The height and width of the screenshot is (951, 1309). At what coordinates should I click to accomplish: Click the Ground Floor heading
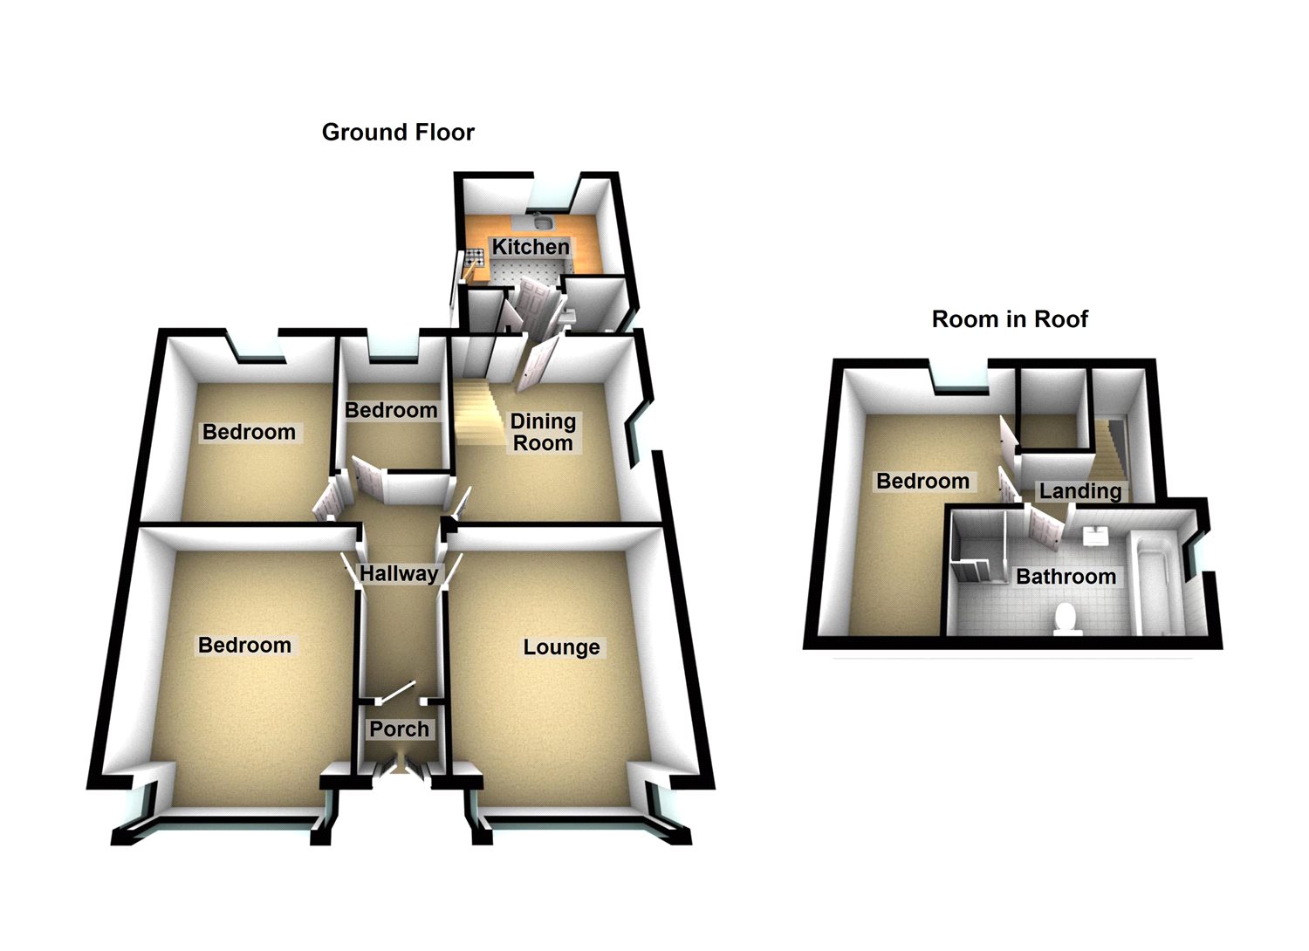click(x=398, y=133)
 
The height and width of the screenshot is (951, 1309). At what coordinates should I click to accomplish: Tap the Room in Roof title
click(x=1010, y=319)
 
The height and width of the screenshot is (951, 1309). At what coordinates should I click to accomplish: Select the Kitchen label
click(x=531, y=247)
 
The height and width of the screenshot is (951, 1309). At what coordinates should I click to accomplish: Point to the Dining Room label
click(x=543, y=432)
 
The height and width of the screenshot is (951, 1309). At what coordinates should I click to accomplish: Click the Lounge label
click(x=561, y=647)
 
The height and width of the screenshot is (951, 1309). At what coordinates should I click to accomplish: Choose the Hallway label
click(x=399, y=574)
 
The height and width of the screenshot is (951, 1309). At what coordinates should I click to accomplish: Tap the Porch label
click(x=399, y=729)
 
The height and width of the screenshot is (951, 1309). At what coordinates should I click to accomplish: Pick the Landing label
click(x=1079, y=491)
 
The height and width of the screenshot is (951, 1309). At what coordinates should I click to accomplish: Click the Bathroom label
click(x=1066, y=577)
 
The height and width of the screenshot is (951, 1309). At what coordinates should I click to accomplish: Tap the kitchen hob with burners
click(x=475, y=257)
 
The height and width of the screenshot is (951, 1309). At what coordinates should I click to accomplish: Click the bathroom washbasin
click(x=1094, y=536)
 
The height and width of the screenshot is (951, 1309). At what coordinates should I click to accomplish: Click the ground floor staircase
click(x=476, y=414)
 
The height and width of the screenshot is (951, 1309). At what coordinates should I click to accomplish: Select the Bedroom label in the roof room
click(x=922, y=482)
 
